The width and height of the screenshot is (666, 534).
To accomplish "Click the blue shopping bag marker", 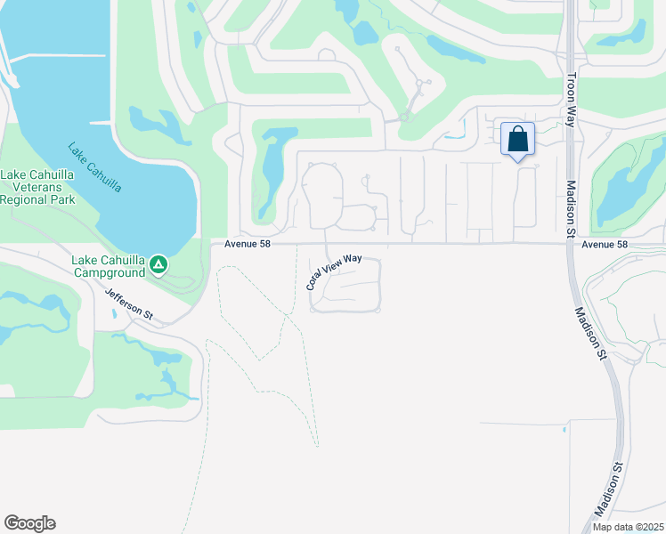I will [x=517, y=141].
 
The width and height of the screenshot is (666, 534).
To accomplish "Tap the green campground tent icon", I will [x=158, y=264].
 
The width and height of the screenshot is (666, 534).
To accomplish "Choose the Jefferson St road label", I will [x=129, y=304].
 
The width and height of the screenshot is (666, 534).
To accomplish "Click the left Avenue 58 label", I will [x=240, y=244].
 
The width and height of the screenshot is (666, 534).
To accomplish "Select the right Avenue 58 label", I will [x=605, y=244].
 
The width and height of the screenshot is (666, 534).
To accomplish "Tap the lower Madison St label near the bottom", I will [x=608, y=490].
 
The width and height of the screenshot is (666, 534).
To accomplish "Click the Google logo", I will [x=29, y=523].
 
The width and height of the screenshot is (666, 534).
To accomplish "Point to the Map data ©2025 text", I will [x=627, y=527].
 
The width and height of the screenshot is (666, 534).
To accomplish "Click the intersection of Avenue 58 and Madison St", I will [x=567, y=243].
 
